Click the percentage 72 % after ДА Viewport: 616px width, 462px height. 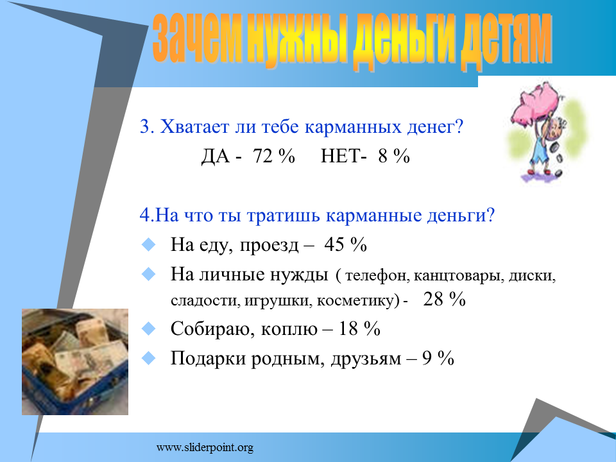coord(274,156)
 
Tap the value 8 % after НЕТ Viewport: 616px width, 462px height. coord(394,156)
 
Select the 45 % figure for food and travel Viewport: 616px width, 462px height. coord(346,244)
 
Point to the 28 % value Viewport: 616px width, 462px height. coord(444,300)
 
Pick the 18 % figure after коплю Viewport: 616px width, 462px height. coord(359,329)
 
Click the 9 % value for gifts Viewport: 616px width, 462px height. coord(438,358)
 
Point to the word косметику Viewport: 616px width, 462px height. coord(357,301)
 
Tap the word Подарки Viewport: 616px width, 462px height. coord(208,359)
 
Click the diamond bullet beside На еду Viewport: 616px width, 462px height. coord(148,244)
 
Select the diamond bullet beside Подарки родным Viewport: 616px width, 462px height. coord(148,358)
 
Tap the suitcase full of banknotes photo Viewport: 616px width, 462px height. coord(75,362)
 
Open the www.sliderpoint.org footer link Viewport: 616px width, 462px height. coord(205,447)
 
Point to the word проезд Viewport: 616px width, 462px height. coord(269,246)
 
